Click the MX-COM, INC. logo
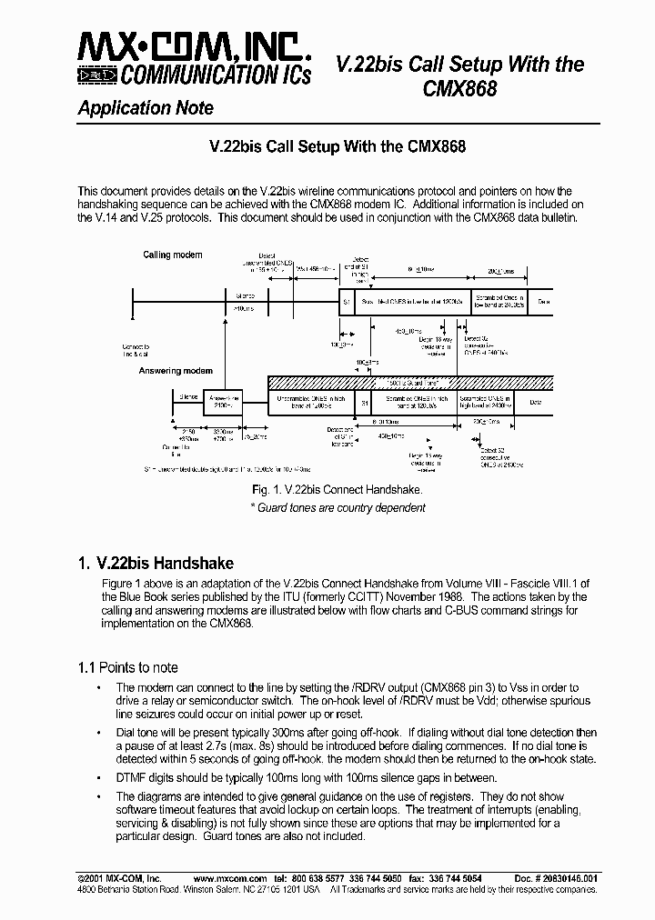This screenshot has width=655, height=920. [x=195, y=58]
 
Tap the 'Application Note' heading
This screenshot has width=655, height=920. [x=146, y=108]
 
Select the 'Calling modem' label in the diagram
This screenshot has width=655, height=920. [x=173, y=255]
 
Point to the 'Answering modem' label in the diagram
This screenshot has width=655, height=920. [x=176, y=371]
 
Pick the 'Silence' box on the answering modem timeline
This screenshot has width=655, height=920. [x=189, y=397]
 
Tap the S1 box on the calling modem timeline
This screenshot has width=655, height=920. [x=346, y=300]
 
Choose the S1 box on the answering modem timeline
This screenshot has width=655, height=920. [x=365, y=402]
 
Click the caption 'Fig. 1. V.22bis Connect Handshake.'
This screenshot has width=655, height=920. [x=337, y=490]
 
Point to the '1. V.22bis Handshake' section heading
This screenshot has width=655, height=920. [x=156, y=563]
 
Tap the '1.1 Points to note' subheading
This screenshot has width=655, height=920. [x=127, y=668]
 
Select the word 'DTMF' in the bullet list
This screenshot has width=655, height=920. [x=133, y=777]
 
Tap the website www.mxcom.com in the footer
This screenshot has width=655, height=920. [x=230, y=879]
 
